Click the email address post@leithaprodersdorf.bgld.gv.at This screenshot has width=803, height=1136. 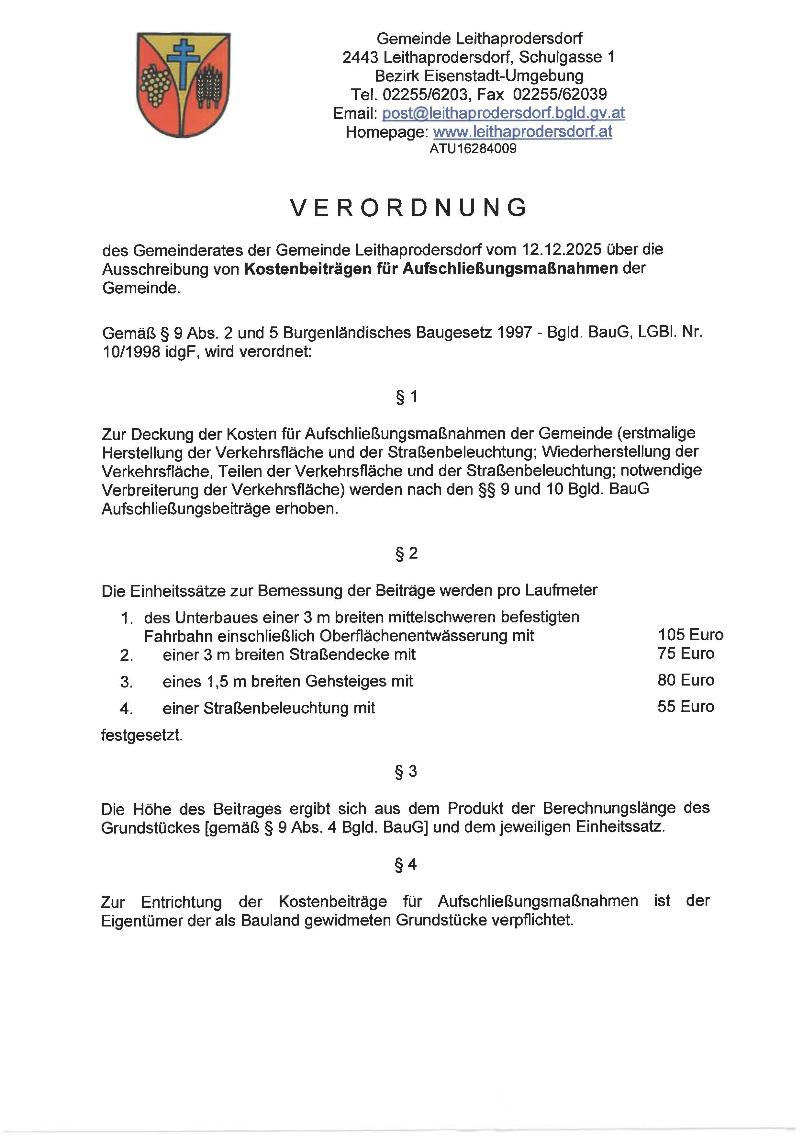[x=503, y=113]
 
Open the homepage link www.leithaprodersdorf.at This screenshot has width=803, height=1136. [x=523, y=131]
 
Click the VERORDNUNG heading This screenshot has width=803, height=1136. [x=408, y=208]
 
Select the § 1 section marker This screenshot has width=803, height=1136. [x=407, y=397]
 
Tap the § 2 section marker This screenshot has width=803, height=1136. [x=407, y=553]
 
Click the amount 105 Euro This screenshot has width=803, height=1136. [x=690, y=635]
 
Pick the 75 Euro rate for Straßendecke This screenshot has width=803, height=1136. [x=686, y=653]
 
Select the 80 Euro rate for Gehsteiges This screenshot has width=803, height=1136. [x=686, y=680]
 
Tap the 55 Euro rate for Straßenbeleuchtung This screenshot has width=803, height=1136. [x=686, y=707]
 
